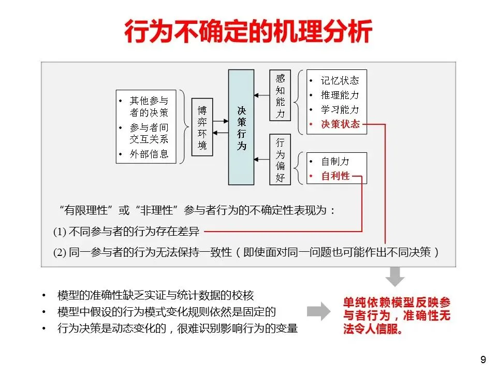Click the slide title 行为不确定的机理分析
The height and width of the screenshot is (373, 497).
pos(248,32)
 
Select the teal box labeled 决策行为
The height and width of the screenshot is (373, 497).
pos(241,127)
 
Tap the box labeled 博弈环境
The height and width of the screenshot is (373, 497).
pos(202,127)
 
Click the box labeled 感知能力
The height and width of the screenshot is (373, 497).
pos(280,96)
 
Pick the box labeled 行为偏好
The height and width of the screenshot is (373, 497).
pos(280,160)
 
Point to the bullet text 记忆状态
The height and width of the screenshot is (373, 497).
pos(340,80)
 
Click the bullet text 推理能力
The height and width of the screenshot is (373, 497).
pos(340,95)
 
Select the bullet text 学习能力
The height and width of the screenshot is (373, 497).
pos(340,109)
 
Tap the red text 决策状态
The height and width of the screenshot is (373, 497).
pos(340,124)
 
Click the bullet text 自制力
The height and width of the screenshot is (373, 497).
pos(335,162)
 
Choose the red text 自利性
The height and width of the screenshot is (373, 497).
pos(335,176)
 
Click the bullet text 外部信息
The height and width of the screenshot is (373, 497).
pos(149,154)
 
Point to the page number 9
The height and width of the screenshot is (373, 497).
pos(483,360)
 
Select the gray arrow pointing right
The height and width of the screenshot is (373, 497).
pos(318,311)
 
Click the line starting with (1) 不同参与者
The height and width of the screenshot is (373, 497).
pos(126,232)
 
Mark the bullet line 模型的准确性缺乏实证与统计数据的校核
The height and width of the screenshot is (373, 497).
pos(155,296)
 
